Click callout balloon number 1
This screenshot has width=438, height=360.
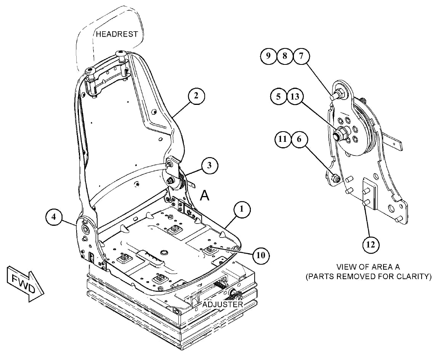[242, 209]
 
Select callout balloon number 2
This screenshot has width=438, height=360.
[196, 96]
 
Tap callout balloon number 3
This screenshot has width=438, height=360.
[210, 165]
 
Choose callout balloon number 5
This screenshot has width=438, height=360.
[279, 97]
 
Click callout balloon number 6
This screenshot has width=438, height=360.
[299, 139]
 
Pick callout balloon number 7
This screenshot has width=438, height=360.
[301, 56]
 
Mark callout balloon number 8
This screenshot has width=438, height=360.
[285, 56]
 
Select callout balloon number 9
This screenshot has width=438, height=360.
[268, 56]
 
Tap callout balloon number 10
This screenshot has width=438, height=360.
[261, 255]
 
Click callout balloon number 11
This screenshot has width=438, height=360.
[283, 139]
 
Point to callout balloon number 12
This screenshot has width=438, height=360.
[371, 245]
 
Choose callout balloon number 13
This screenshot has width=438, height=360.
[295, 97]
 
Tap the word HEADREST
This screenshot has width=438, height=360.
[117, 34]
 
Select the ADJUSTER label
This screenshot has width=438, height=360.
[222, 304]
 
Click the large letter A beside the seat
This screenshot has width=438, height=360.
[205, 195]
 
